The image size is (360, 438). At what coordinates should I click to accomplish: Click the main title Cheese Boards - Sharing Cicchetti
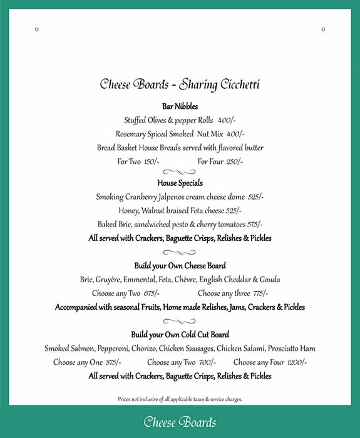coord(180,84)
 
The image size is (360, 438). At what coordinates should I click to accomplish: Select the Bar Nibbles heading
coord(180,106)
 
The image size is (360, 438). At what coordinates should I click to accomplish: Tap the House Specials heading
coord(180,183)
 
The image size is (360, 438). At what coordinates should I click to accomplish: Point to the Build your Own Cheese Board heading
coord(180,266)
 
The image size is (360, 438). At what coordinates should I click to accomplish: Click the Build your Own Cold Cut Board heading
coord(180,334)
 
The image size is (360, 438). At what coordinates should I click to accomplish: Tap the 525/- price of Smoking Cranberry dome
coord(255,196)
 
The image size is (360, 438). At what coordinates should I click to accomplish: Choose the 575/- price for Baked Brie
coord(255,224)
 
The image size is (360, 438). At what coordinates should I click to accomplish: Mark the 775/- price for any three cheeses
coord(259,293)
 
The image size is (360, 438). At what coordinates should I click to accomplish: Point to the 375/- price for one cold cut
coord(113,362)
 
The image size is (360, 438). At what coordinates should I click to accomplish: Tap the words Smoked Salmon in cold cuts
coord(68,349)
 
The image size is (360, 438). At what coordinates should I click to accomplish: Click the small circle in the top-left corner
coord(37,29)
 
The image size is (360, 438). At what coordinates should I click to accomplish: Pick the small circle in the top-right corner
coord(323,29)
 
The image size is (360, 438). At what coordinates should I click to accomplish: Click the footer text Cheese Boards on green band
coord(180,422)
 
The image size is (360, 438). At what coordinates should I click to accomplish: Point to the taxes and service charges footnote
coord(180,399)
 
